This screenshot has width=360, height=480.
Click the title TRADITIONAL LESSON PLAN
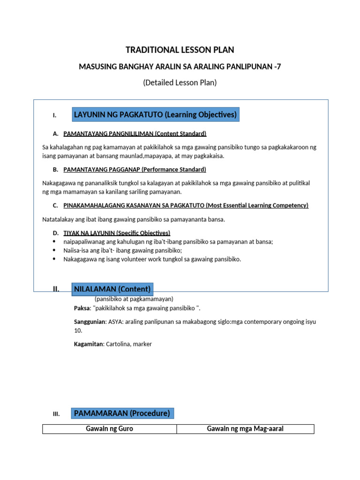click(x=180, y=50)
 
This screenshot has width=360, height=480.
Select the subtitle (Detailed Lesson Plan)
click(x=180, y=82)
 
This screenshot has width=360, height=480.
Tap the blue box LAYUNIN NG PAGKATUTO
click(x=155, y=114)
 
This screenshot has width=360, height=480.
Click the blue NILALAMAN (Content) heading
click(x=112, y=289)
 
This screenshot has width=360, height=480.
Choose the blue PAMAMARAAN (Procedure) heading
click(x=122, y=413)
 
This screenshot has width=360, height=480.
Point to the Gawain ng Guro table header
click(x=109, y=429)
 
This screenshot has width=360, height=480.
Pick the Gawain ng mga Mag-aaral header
click(x=245, y=429)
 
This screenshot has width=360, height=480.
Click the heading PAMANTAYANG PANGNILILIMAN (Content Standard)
click(x=135, y=134)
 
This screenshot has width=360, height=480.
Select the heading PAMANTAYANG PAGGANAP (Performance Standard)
click(x=135, y=169)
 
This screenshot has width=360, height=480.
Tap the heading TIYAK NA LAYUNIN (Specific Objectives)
click(x=117, y=233)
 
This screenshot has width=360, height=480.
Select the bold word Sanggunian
click(x=90, y=322)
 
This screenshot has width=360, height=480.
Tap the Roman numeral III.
click(x=56, y=414)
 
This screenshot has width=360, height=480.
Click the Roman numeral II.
click(x=56, y=289)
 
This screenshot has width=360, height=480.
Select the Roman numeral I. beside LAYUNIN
click(x=55, y=115)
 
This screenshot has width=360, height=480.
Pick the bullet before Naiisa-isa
click(x=55, y=250)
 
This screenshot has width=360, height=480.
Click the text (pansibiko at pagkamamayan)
click(x=134, y=299)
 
